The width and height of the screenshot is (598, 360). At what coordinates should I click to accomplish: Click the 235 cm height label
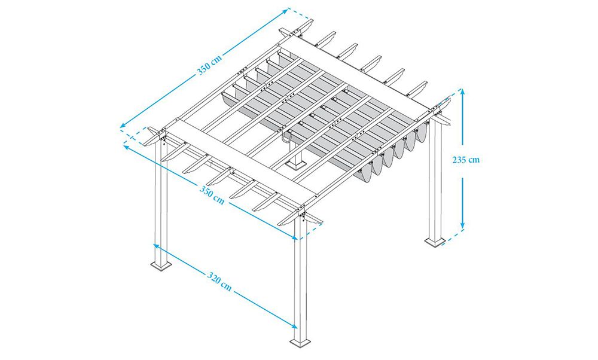466,160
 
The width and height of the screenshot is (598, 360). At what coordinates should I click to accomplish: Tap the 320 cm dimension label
219,282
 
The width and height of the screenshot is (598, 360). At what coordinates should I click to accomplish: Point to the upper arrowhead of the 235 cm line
463,92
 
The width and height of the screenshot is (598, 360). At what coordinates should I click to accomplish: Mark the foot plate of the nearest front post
301,341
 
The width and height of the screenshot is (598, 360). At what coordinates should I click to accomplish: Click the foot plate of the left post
160,266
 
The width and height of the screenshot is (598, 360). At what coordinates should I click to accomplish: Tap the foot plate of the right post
435,242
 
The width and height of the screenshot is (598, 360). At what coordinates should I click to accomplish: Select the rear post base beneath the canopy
295,164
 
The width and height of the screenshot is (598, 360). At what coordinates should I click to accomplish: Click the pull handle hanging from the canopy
287,137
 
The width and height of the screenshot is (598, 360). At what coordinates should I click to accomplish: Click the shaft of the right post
435,179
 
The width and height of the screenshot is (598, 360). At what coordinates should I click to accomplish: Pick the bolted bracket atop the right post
435,111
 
